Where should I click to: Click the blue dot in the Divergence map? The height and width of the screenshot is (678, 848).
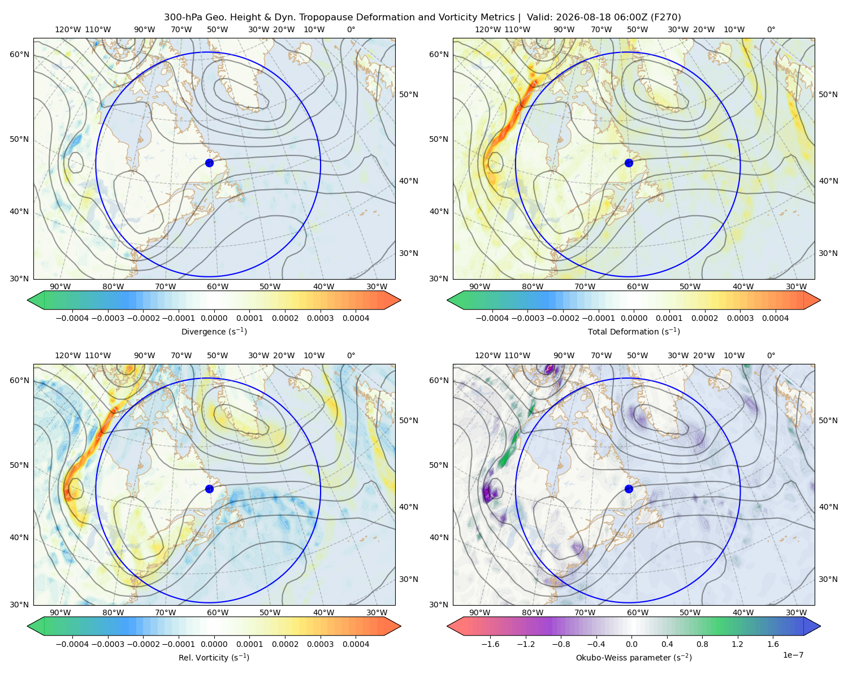point(209,163)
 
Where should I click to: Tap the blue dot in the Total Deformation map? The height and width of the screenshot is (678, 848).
point(629,163)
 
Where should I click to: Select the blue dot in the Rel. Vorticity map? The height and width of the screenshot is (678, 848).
point(209,489)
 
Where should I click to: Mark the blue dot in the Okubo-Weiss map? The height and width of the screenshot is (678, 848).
point(629,489)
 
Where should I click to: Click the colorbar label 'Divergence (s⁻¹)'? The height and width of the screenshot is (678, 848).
point(214,331)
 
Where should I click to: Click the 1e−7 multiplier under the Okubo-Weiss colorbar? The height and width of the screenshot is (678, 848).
point(793,655)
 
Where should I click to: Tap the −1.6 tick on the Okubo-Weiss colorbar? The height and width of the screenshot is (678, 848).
point(490,644)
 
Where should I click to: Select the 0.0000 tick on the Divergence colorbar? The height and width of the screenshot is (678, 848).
point(214,318)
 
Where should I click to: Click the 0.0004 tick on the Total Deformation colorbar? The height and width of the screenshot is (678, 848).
point(775,318)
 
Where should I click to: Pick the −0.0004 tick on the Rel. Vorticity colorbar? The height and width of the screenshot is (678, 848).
point(72,644)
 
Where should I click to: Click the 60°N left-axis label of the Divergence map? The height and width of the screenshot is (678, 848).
point(19,54)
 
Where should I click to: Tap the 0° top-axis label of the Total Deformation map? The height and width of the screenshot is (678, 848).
point(771,29)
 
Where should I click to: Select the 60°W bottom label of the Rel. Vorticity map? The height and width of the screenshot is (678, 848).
point(218,612)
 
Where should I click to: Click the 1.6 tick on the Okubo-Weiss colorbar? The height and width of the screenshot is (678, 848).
point(773,644)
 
